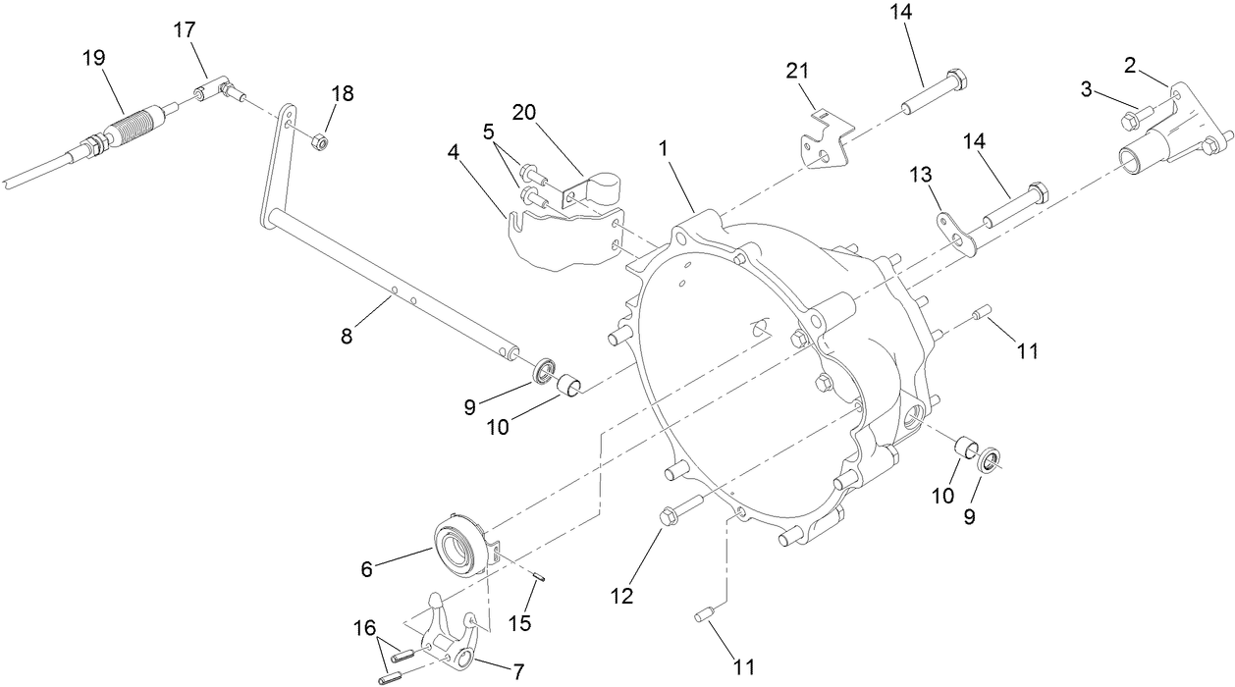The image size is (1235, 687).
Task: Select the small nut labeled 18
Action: [318, 143]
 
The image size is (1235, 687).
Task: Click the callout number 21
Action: [796, 72]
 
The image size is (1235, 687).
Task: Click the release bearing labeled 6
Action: [459, 542]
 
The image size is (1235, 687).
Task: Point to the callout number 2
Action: [1130, 66]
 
